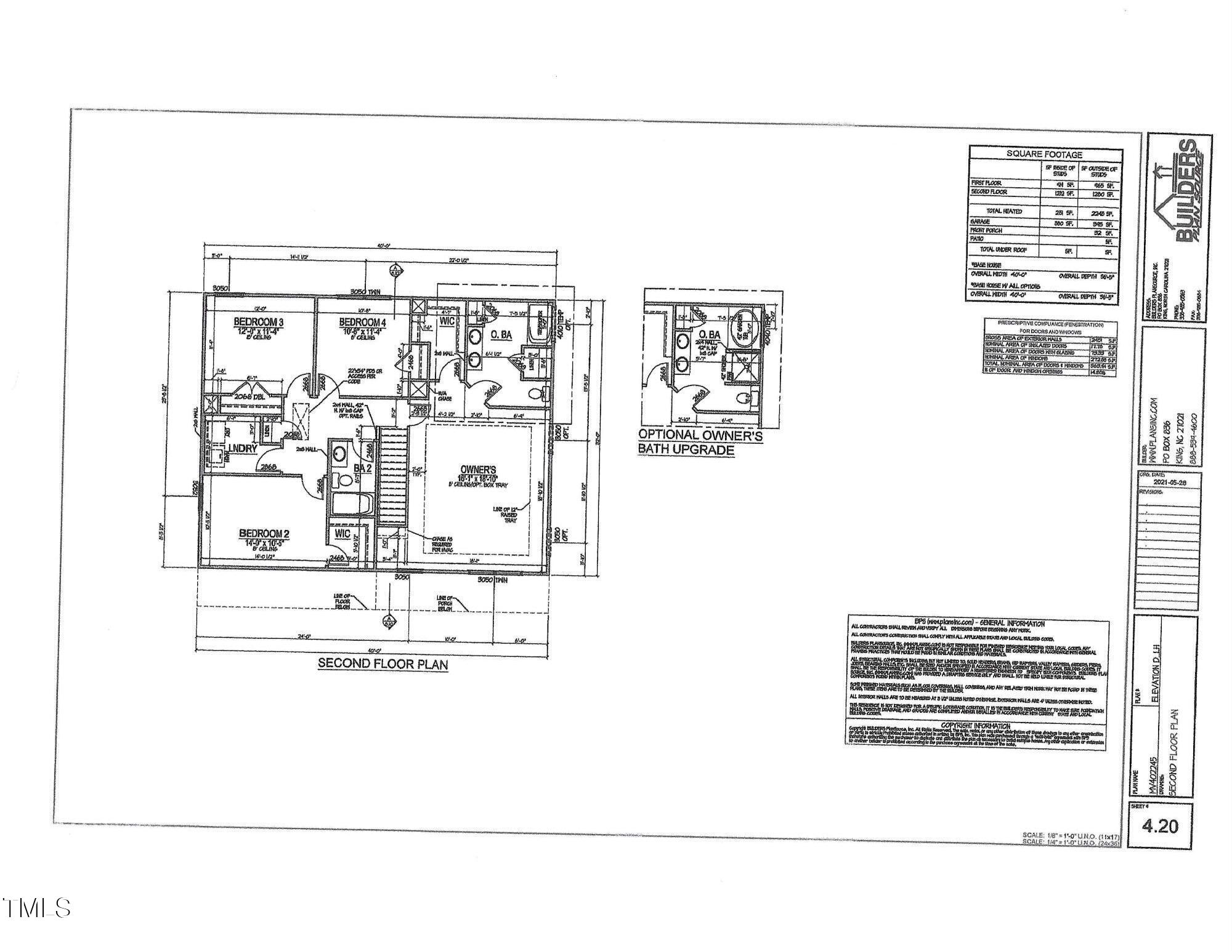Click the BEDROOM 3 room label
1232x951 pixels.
(258, 322)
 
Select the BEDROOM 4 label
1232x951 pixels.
(362, 322)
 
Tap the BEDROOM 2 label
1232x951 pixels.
(264, 533)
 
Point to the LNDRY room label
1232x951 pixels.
(243, 449)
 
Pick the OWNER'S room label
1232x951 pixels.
(477, 470)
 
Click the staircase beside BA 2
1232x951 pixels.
(392, 477)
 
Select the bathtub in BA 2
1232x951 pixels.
(350, 506)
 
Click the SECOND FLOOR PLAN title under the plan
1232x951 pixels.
(383, 664)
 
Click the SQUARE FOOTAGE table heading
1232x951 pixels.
(1044, 154)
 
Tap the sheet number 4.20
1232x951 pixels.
(1160, 825)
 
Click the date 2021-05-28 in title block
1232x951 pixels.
(1169, 483)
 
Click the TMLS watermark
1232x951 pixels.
(36, 907)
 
